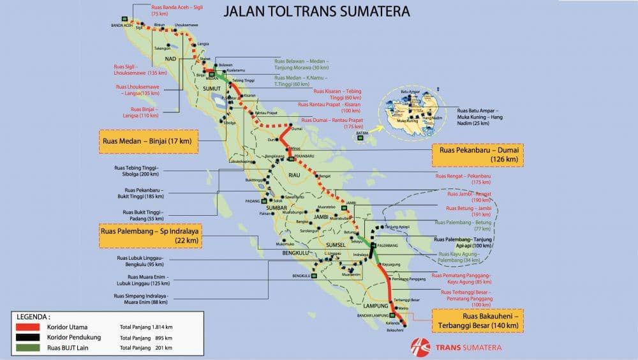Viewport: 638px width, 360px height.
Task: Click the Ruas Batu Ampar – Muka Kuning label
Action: point(484,116)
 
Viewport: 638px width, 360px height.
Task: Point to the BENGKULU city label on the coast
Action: point(300,276)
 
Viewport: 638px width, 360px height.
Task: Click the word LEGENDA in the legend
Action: point(33,316)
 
